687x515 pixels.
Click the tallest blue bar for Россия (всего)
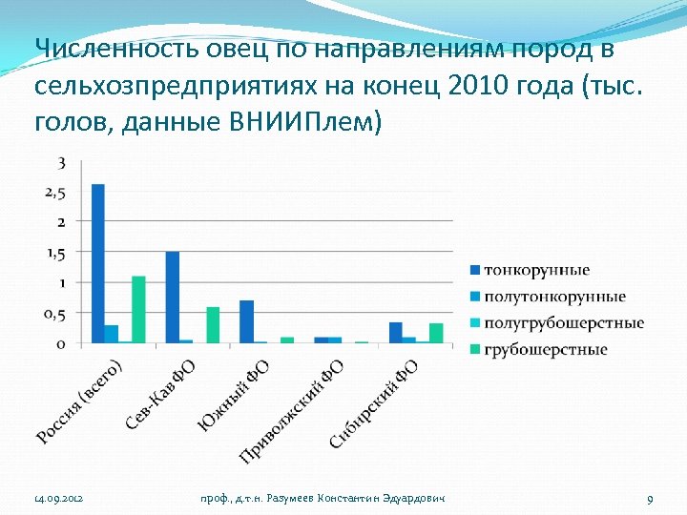[x=97, y=263]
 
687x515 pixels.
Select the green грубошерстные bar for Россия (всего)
[x=138, y=309]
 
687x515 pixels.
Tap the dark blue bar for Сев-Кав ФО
[x=172, y=297]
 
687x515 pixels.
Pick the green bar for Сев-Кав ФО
[x=213, y=324]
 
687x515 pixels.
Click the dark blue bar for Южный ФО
[x=246, y=321]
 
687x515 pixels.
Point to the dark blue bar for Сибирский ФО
[x=395, y=332]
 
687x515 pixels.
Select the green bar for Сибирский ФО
[x=436, y=332]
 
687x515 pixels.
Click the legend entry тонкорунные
[x=536, y=271]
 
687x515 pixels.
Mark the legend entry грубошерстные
[x=546, y=349]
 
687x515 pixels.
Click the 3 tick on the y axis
[x=61, y=163]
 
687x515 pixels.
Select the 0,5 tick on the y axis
[x=54, y=314]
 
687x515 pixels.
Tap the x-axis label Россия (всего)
[x=81, y=401]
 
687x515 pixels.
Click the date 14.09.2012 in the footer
[x=58, y=500]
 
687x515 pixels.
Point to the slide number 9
[x=649, y=500]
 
